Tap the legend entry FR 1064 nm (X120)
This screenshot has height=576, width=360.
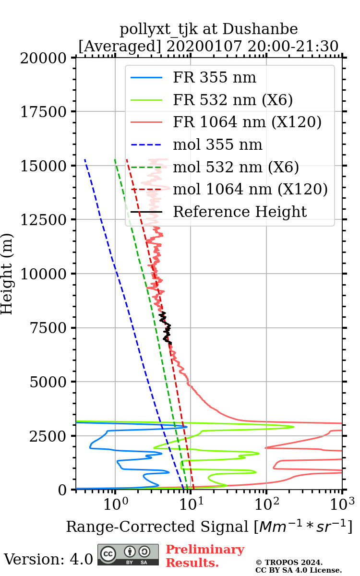(247, 122)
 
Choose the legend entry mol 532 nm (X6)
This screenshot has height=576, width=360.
(236, 167)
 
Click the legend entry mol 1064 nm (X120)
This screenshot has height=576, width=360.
(250, 189)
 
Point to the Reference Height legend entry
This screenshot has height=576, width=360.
(240, 212)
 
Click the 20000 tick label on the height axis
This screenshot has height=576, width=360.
(45, 58)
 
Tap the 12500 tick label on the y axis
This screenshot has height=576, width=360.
(45, 220)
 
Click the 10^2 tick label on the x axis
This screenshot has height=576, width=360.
(266, 504)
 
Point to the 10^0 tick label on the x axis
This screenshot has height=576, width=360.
(115, 504)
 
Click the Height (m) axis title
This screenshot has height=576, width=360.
(7, 274)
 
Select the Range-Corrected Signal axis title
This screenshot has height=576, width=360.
(209, 527)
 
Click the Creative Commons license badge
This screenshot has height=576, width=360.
(128, 554)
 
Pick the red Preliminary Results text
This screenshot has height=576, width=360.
(204, 556)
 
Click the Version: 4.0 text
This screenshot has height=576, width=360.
(48, 559)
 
